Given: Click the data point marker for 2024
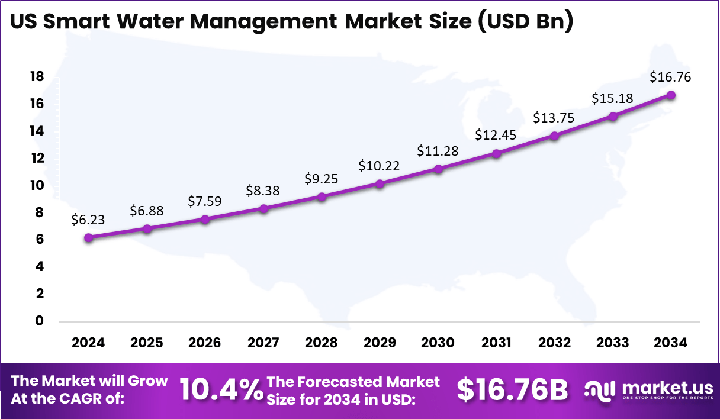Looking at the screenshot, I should click(x=89, y=238).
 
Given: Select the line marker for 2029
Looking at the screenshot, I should click(x=380, y=184).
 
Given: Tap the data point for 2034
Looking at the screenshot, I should click(x=671, y=95).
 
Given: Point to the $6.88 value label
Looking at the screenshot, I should click(x=147, y=211).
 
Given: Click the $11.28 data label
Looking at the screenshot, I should click(x=438, y=151).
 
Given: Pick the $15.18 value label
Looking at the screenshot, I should click(x=612, y=98).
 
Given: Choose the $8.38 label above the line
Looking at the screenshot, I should click(x=263, y=191).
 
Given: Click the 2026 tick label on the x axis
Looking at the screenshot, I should click(x=205, y=343).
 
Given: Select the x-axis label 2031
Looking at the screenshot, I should click(x=496, y=343).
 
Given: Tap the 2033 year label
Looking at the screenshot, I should click(x=612, y=343).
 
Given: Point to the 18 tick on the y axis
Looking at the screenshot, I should click(x=37, y=76).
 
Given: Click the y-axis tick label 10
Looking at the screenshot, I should click(x=37, y=185).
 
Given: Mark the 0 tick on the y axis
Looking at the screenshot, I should click(x=40, y=321).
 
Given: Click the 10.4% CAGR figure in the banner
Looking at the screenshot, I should click(x=221, y=390).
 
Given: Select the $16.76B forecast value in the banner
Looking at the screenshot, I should click(x=512, y=390).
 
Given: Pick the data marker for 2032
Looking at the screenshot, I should click(x=554, y=136).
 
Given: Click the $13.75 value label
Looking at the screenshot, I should click(x=554, y=117).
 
